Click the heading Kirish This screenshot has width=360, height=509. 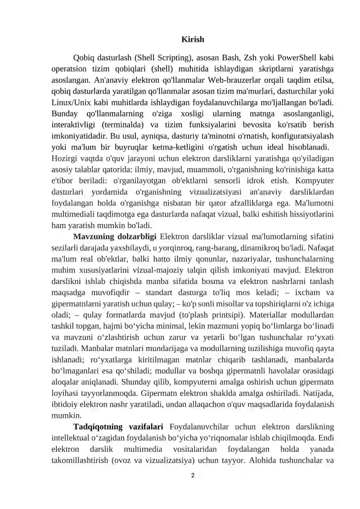tap(193, 40)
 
